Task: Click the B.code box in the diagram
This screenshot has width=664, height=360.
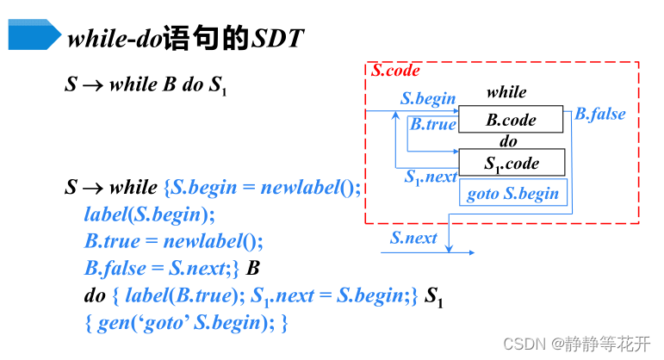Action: tap(512, 121)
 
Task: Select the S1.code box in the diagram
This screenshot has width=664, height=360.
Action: tap(512, 163)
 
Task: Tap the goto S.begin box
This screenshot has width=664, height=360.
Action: tap(512, 193)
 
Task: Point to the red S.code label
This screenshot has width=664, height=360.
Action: tap(395, 71)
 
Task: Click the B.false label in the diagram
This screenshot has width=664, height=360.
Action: tap(600, 114)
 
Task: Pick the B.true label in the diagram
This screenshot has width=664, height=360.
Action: tap(432, 124)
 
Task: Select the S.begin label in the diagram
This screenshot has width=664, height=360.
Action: tap(428, 98)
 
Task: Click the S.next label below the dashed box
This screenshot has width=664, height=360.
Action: tap(413, 238)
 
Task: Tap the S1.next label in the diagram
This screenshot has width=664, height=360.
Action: tap(431, 177)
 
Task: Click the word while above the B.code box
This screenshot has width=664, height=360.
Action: tap(506, 92)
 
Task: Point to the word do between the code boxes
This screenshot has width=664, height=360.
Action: tap(508, 142)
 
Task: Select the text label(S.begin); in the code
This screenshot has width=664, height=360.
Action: tap(150, 214)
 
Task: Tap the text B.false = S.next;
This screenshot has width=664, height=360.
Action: tap(161, 269)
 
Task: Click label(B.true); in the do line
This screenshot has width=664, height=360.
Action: tap(179, 296)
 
